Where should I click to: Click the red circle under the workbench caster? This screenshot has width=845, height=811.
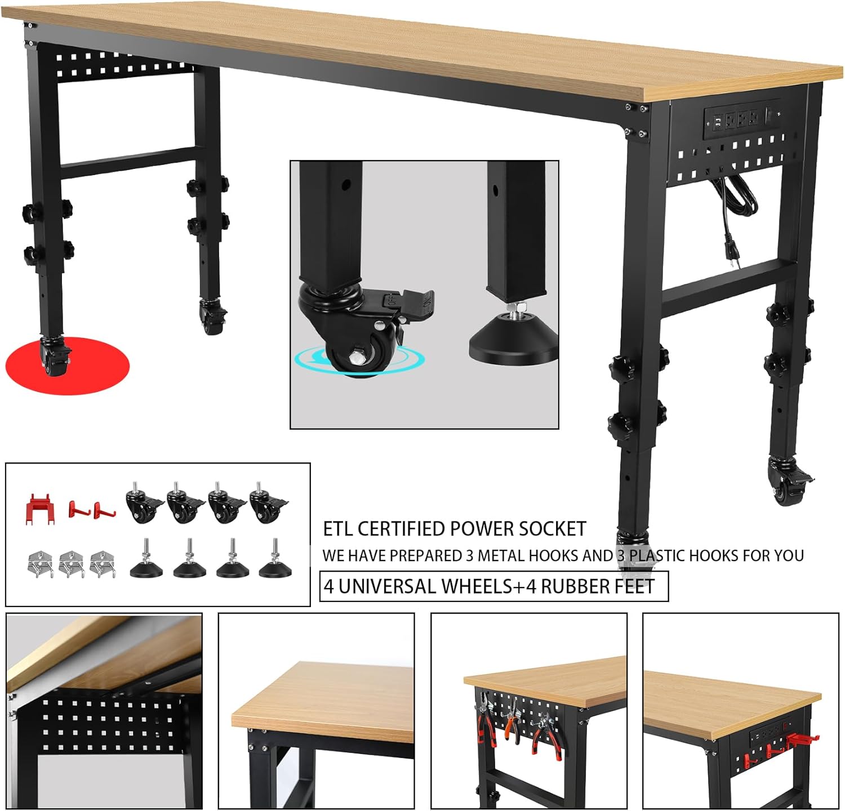pyautogui.click(x=68, y=366)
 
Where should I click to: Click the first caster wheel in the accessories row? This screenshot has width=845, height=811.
pyautogui.click(x=143, y=504)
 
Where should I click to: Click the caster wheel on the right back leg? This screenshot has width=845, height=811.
pyautogui.click(x=786, y=484)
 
